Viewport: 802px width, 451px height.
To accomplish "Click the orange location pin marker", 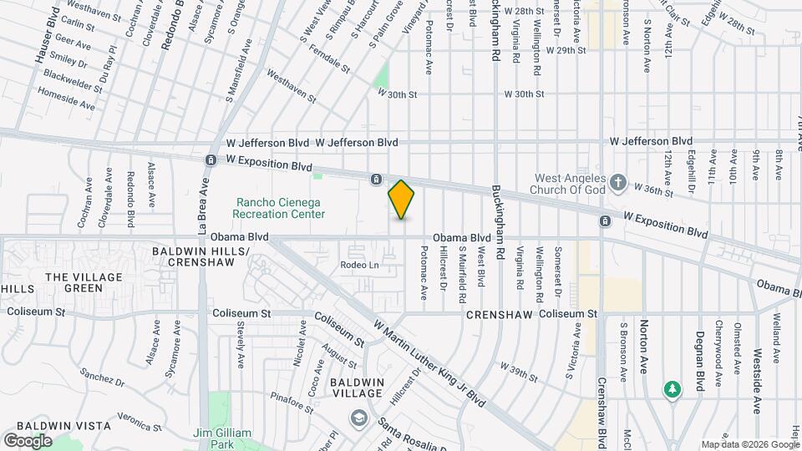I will click(402, 200).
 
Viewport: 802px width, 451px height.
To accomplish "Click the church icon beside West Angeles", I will click(617, 181).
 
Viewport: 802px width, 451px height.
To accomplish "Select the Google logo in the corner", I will click(27, 440).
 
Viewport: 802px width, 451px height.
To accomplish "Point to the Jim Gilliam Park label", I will click(222, 438).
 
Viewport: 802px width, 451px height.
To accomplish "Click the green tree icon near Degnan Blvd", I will click(671, 389).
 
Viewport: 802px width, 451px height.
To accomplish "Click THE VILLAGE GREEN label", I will click(84, 282).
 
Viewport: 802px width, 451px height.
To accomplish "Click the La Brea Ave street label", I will click(202, 205).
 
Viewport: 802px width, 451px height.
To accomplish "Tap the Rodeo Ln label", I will click(359, 266).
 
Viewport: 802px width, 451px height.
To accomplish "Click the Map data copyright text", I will click(749, 444).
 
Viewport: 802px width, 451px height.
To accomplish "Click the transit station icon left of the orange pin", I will click(377, 179).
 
